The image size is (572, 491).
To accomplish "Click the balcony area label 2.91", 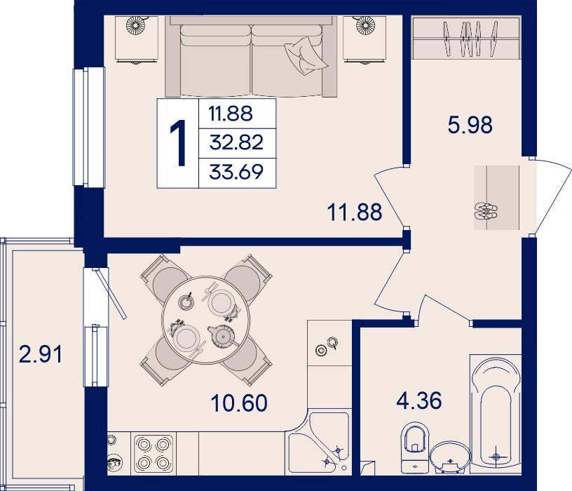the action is [x=41, y=354].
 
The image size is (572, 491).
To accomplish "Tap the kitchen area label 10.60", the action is [x=239, y=403].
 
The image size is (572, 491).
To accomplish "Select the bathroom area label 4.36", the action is [x=419, y=401].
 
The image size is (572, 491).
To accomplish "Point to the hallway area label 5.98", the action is [x=470, y=125].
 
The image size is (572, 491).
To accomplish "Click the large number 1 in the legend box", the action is [x=178, y=144].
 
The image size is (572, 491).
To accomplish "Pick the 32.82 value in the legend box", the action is [x=236, y=142].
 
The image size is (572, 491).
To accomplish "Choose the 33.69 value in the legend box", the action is [x=236, y=172].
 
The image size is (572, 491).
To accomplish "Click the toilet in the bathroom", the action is [x=415, y=448].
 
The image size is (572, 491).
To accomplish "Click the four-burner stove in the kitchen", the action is [x=154, y=454].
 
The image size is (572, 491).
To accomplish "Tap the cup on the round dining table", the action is [x=186, y=302].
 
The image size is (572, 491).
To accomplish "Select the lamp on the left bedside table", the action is [x=135, y=25].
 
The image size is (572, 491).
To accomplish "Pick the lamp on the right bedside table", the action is [x=365, y=25].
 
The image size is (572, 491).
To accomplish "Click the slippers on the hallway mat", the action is [x=486, y=211].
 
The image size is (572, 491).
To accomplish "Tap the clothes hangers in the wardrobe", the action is [x=470, y=39].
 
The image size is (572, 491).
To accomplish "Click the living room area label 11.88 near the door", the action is [x=355, y=212].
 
